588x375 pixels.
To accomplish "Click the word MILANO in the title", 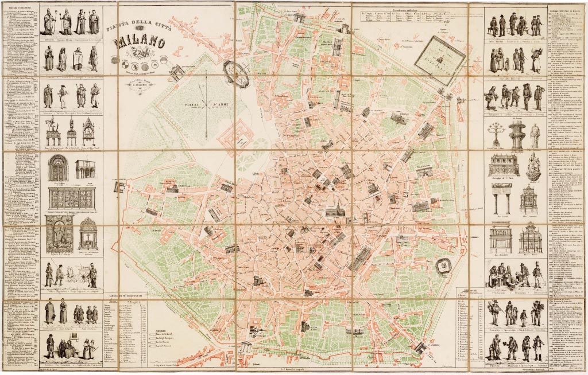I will pos(140,42).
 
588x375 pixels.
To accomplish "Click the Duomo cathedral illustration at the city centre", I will pos(334,212).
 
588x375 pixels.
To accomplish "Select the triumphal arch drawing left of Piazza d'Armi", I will pos(176,72).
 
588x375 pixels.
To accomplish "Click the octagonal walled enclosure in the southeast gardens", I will pos(442,265).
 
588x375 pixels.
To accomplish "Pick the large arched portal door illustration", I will pos(58,167).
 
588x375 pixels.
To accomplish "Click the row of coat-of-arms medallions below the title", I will pos(140,60).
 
